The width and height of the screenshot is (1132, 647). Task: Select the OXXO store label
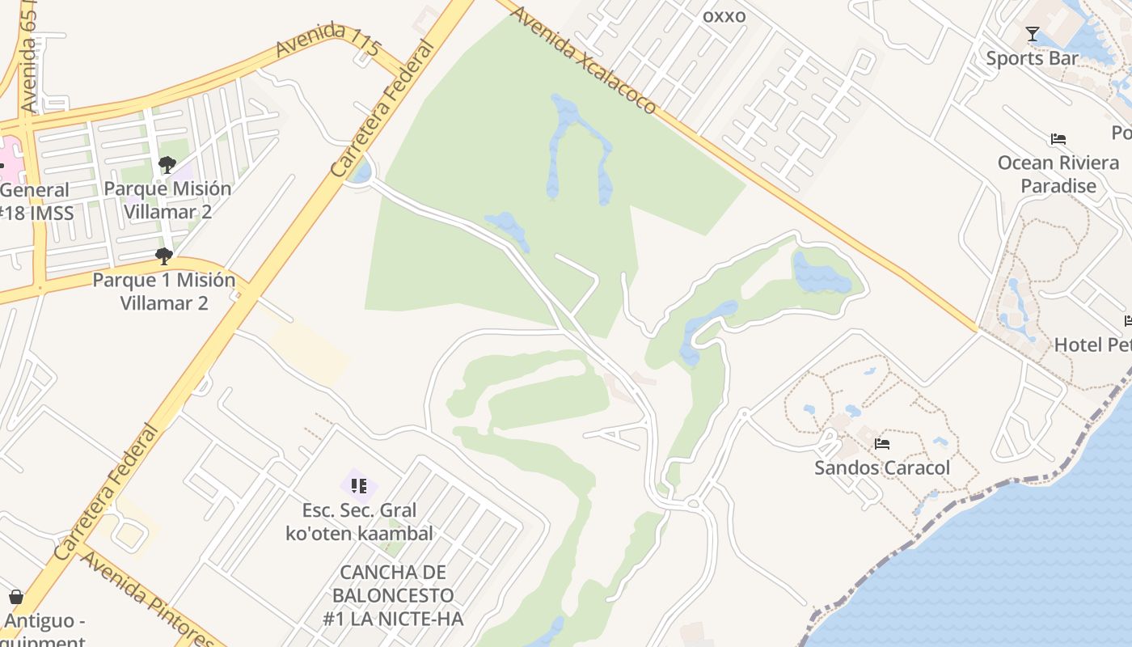coord(724,16)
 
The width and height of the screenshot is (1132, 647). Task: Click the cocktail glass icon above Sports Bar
coord(1033,34)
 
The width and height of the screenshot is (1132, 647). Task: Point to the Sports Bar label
coord(1032,58)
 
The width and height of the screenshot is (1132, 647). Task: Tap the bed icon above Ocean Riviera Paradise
coord(1058,139)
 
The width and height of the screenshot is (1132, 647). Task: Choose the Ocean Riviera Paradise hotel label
coord(1058,174)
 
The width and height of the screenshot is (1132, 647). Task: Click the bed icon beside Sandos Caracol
coord(882,443)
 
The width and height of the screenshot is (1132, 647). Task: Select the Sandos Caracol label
coord(882,467)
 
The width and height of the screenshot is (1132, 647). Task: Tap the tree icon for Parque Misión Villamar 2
coord(167,165)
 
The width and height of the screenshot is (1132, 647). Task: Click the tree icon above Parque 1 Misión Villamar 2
coord(164,256)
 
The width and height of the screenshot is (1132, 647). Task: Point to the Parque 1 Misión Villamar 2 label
coord(164,291)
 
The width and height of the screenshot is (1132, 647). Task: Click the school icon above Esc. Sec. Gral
coord(359,486)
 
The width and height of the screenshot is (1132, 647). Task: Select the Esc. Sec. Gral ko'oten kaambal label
coord(360,522)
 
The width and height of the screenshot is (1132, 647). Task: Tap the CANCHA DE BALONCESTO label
coord(393,595)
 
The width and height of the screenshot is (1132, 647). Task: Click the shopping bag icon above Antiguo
coord(16,598)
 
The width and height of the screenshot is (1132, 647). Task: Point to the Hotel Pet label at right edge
coord(1092,345)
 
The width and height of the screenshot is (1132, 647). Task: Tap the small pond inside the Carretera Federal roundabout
coord(362,171)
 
